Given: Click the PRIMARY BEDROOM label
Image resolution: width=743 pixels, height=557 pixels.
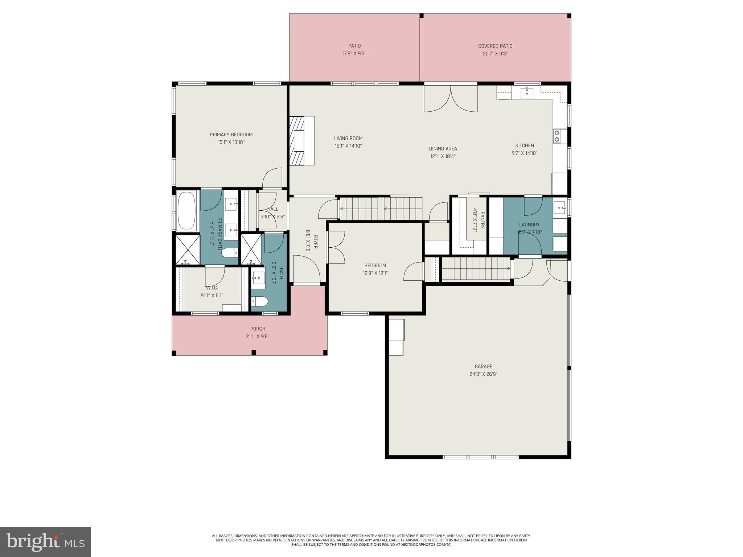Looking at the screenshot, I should click(231, 135).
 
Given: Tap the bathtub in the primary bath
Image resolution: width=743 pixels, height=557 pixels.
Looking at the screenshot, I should click(187, 211).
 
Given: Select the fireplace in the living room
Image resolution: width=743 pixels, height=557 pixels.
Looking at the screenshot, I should click(301, 141).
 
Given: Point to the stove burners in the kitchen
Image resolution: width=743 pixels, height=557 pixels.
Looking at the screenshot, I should click(557, 136).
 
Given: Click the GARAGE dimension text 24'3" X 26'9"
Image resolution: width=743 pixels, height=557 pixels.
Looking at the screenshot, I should click(483, 374).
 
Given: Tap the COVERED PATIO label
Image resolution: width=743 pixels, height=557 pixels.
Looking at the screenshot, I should click(495, 46).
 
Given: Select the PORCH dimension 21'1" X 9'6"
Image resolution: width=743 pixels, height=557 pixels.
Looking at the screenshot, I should click(258, 337).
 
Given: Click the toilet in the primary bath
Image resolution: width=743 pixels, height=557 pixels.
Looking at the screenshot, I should click(229, 252).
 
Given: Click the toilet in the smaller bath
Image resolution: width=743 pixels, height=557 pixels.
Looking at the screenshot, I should click(260, 301).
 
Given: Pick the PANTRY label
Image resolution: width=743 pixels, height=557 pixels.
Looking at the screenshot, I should click(483, 221).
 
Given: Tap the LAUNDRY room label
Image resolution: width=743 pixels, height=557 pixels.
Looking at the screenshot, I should click(529, 224).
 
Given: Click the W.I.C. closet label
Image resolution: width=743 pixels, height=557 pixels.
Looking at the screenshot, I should click(212, 288).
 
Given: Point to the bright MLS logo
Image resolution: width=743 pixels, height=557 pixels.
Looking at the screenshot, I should click(45, 542).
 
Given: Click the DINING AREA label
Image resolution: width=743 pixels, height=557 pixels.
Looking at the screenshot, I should click(443, 149).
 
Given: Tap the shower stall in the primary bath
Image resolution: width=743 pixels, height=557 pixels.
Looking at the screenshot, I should click(188, 249).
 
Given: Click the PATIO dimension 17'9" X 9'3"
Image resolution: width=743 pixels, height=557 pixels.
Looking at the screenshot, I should click(354, 54).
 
